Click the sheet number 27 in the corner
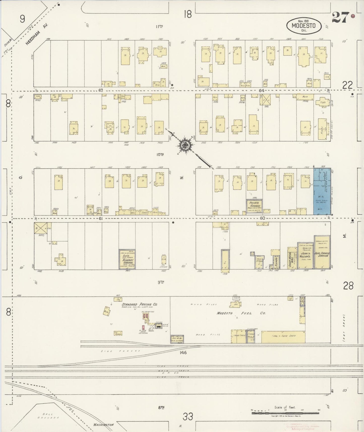pyautogui.click(x=340, y=17)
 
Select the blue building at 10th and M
pyautogui.click(x=322, y=192)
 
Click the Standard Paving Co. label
pyautogui.click(x=139, y=304)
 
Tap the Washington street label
pyautogui.click(x=103, y=424)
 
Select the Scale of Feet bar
pyautogui.click(x=285, y=413)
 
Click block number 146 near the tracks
pyautogui.click(x=183, y=352)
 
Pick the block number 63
pyautogui.click(x=101, y=90)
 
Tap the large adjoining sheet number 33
pyautogui.click(x=188, y=417)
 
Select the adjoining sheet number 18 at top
pyautogui.click(x=188, y=14)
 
